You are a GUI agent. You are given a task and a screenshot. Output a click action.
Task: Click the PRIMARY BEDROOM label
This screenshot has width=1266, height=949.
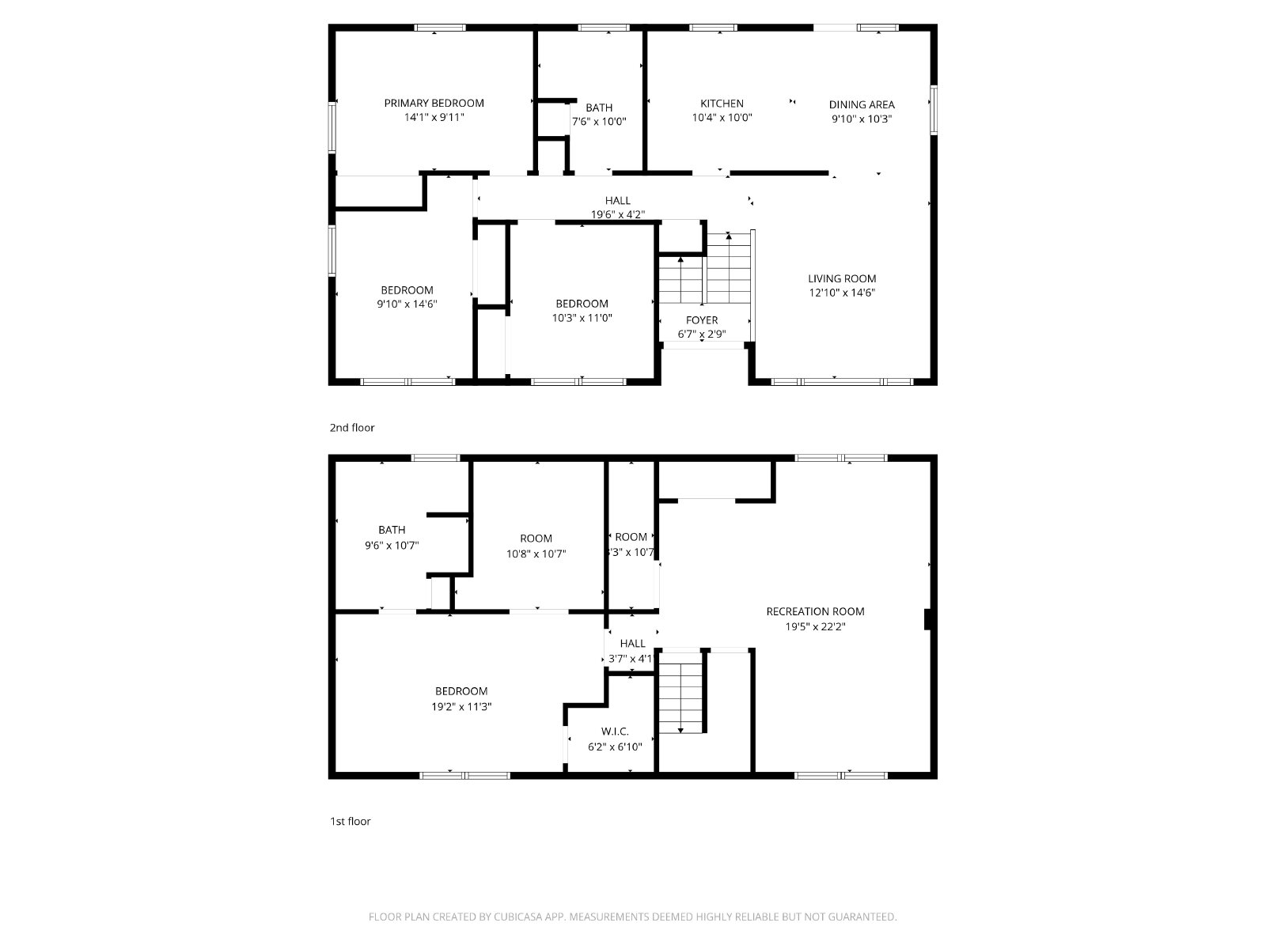pos(434,103)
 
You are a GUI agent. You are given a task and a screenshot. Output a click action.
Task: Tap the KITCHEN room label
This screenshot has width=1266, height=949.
pos(722,104)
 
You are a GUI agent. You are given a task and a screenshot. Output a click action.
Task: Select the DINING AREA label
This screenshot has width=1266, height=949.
pos(862,105)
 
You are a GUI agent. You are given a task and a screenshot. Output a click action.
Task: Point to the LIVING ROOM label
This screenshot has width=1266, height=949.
pos(842,279)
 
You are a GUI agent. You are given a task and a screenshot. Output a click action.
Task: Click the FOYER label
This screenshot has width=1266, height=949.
pos(702,320)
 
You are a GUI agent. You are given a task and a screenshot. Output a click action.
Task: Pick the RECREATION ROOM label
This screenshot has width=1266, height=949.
pos(815,611)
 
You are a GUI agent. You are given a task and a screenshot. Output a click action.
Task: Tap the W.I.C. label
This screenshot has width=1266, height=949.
pos(615,732)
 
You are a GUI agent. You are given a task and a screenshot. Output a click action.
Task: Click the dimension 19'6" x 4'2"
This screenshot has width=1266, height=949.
pos(618,215)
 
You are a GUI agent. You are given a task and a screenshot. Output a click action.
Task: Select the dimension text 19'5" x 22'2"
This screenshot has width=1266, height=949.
pos(815,626)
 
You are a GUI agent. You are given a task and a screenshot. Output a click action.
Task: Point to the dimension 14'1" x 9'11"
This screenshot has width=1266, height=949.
pos(434,118)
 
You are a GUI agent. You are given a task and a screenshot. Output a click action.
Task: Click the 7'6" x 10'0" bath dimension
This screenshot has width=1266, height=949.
pos(599,122)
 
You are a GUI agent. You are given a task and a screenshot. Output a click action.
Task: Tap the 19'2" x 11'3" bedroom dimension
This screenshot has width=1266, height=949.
pos(461,706)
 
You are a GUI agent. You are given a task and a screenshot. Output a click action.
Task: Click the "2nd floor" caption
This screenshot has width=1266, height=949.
pos(352,428)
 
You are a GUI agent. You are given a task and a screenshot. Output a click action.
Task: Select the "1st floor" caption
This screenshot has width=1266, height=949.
pos(350,821)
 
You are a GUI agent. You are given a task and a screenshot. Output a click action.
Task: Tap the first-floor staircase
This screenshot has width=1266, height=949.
pos(681,698)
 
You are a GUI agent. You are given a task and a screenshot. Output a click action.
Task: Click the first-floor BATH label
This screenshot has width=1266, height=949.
pos(392,530)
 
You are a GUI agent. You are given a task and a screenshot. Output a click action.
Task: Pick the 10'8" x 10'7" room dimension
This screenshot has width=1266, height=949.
pos(536,554)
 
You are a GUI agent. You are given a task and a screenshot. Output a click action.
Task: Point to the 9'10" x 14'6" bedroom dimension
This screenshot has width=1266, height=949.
pos(407,304)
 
